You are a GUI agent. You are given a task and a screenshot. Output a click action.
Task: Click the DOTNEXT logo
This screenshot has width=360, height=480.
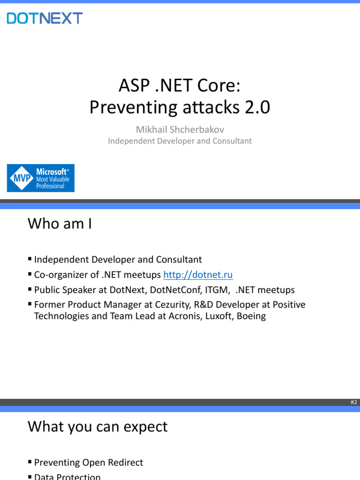(45, 18)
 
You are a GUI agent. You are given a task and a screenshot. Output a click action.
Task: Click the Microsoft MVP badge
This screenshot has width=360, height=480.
(41, 178)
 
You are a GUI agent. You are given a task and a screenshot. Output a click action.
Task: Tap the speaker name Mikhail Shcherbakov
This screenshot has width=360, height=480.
(180, 129)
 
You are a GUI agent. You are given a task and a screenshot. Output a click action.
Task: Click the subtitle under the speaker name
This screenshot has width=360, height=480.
(180, 141)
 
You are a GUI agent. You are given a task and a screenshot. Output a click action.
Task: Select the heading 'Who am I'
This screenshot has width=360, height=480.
(60, 224)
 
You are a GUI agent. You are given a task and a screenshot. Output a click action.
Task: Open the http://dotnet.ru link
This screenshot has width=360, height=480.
(198, 275)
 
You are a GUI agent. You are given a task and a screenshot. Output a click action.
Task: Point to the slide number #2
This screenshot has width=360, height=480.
(354, 402)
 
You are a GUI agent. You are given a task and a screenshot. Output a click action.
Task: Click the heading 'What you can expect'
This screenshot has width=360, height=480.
(97, 427)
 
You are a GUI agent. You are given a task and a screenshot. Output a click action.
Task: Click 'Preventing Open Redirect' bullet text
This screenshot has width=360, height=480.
(89, 462)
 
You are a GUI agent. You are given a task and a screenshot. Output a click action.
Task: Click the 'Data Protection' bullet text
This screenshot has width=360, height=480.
(67, 477)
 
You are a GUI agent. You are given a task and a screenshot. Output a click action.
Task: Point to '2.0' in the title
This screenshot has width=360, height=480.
(257, 107)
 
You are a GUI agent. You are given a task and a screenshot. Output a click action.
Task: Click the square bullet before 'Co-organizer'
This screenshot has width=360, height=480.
(30, 274)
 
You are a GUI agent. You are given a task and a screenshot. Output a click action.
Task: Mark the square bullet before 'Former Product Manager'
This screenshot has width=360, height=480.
(30, 304)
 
